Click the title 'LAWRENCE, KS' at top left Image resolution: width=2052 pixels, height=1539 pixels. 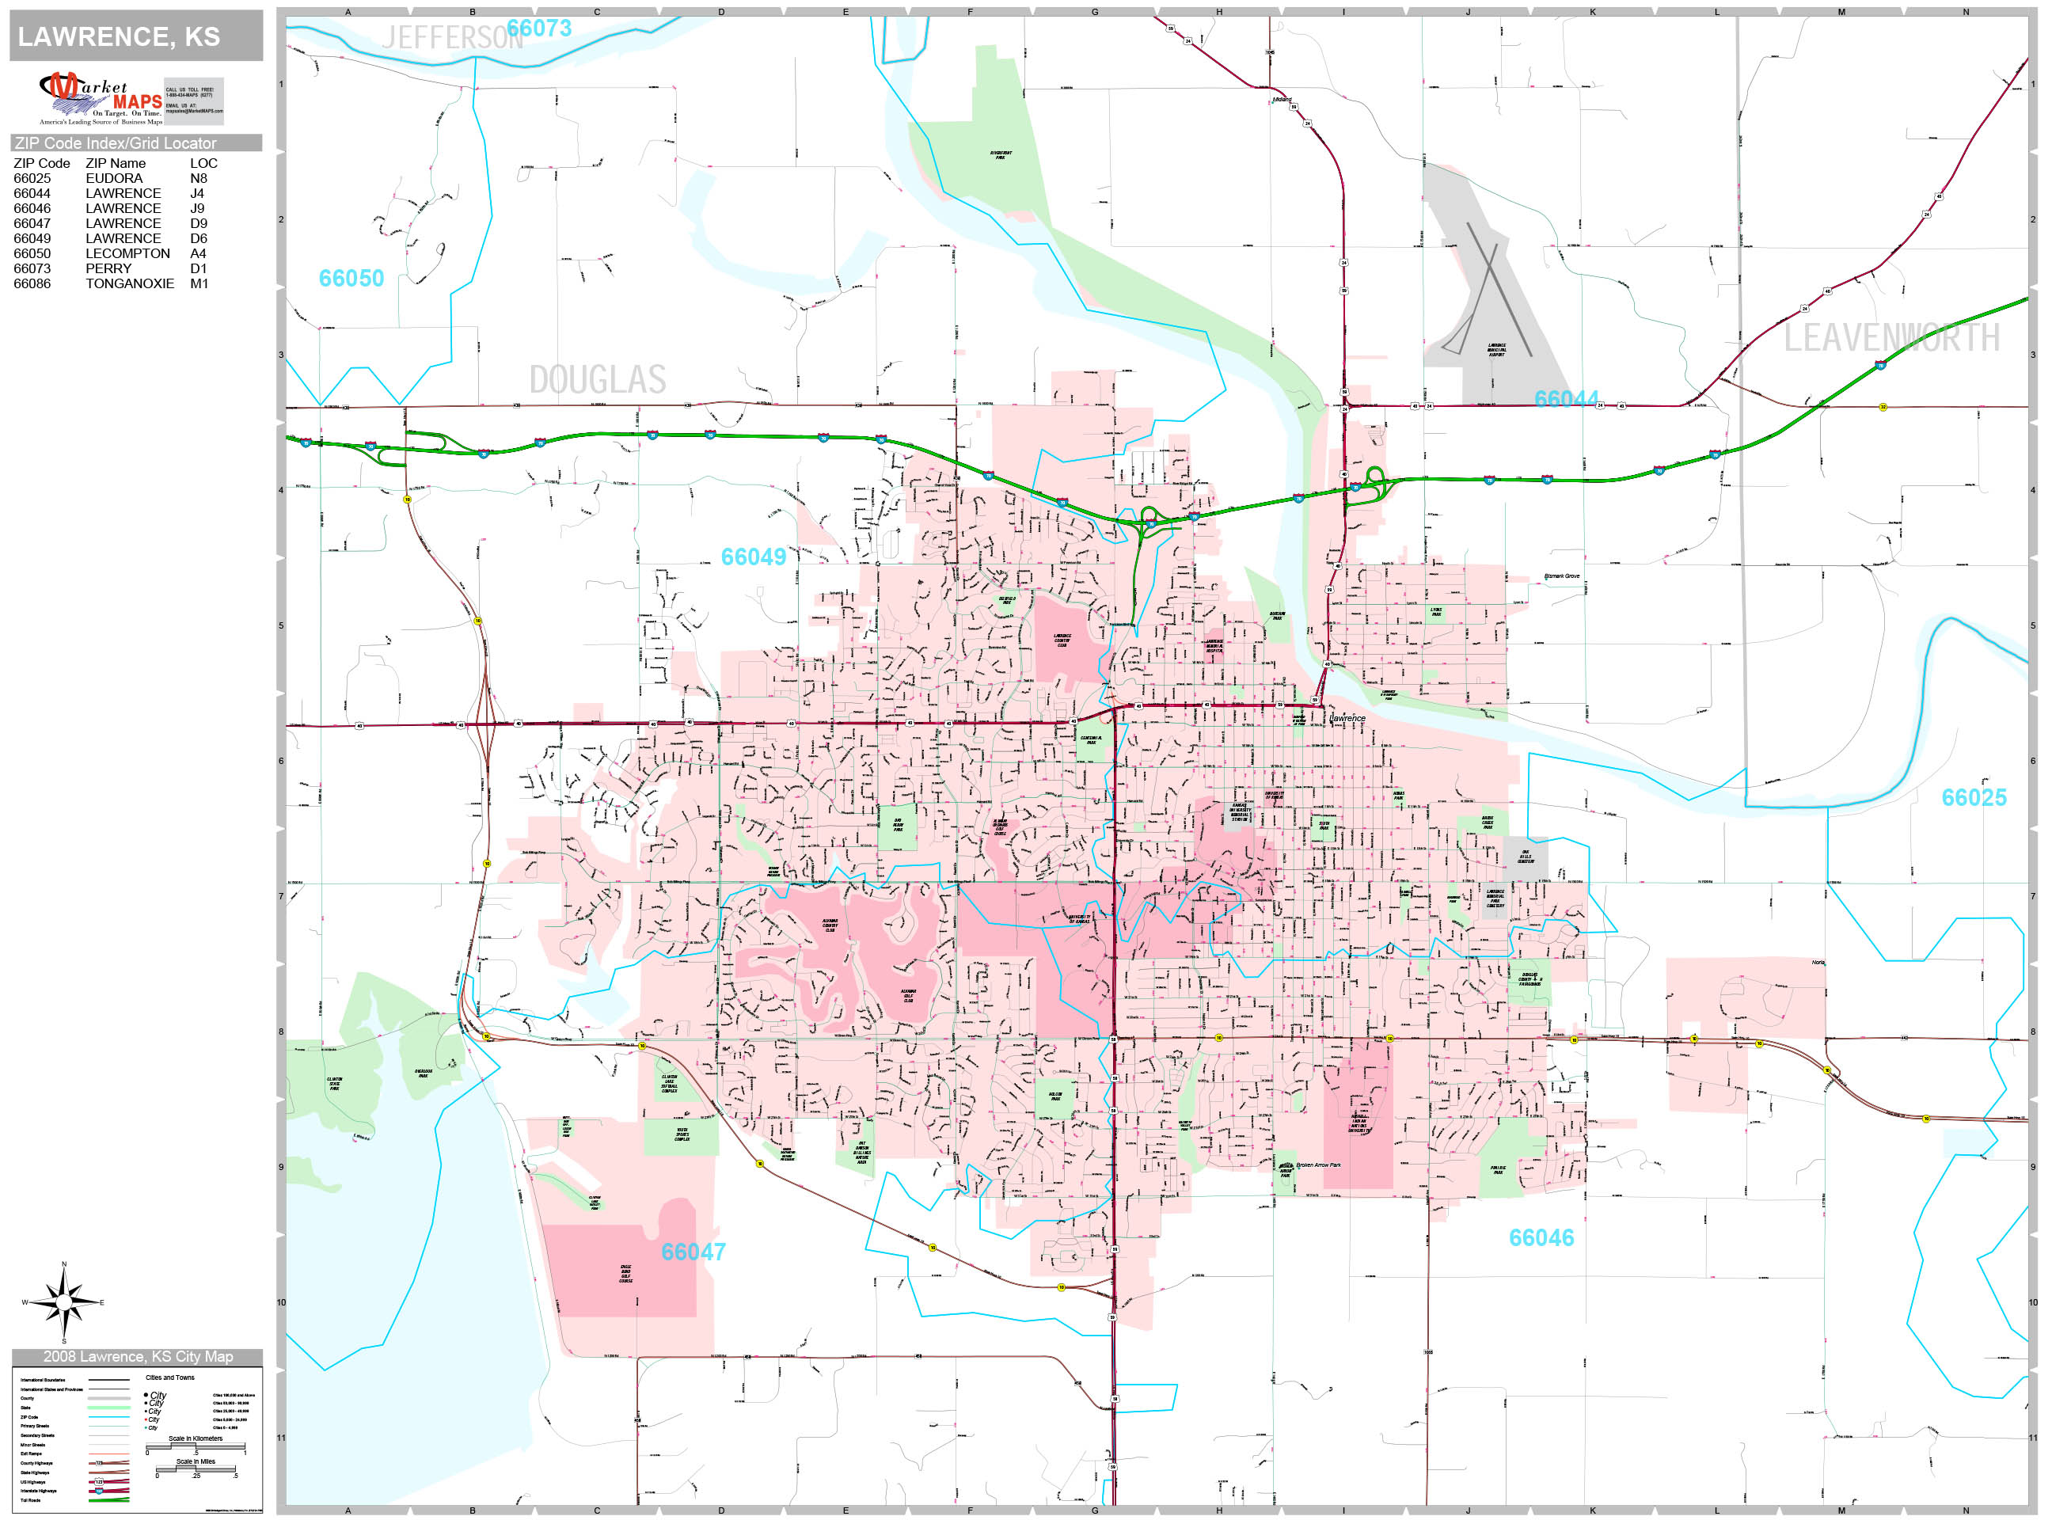point(119,37)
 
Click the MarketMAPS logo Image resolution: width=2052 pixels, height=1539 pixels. point(101,98)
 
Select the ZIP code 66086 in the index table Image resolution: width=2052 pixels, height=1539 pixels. point(32,284)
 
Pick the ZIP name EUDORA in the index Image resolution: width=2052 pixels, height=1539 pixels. point(114,178)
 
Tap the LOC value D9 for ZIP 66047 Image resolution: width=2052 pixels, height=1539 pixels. point(199,223)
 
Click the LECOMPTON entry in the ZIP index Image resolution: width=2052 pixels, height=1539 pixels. point(128,253)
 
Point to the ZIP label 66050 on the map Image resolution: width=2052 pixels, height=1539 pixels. point(351,279)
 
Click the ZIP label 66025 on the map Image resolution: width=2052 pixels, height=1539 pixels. point(1973,798)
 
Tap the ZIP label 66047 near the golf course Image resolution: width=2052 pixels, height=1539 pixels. point(693,1252)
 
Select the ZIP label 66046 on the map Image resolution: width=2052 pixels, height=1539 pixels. point(1541,1238)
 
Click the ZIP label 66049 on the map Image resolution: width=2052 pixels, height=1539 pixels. point(753,557)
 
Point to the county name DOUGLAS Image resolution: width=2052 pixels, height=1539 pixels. point(598,379)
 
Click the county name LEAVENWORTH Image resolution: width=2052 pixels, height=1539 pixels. point(1891,338)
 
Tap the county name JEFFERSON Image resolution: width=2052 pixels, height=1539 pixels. point(452,38)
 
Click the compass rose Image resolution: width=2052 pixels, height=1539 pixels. point(63,1302)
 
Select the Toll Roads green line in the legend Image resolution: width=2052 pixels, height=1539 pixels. point(108,1499)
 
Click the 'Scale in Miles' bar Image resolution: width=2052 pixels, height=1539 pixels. point(196,1469)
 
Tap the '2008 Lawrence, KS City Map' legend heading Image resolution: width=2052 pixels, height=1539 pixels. point(139,1356)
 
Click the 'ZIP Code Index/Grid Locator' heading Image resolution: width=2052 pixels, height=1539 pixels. point(115,142)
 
